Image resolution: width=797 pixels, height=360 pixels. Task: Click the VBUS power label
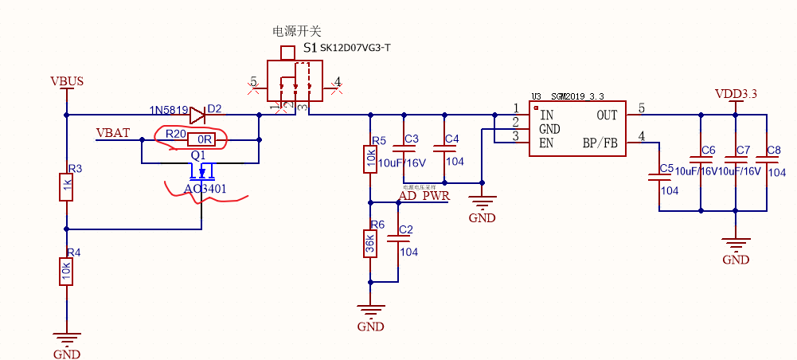(x=67, y=81)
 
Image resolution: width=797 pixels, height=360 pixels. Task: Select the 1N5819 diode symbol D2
(x=198, y=114)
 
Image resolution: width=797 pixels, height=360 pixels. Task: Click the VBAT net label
(x=113, y=132)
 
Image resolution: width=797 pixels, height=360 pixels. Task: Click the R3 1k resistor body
(x=67, y=188)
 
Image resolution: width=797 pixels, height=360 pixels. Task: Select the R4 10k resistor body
(x=67, y=272)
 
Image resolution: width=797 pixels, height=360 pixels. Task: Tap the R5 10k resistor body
(x=370, y=159)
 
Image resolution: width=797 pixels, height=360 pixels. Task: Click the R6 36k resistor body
(x=370, y=242)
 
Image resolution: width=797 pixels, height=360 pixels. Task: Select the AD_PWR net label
(x=424, y=195)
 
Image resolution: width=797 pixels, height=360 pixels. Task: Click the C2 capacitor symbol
(x=397, y=239)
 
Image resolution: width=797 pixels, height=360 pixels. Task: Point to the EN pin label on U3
(x=547, y=143)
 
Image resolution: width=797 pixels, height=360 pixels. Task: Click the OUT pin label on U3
(x=607, y=115)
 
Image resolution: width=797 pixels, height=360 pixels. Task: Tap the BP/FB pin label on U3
(x=600, y=143)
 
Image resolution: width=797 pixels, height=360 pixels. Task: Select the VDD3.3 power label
(x=736, y=94)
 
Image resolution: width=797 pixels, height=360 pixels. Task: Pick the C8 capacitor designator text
(x=773, y=151)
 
